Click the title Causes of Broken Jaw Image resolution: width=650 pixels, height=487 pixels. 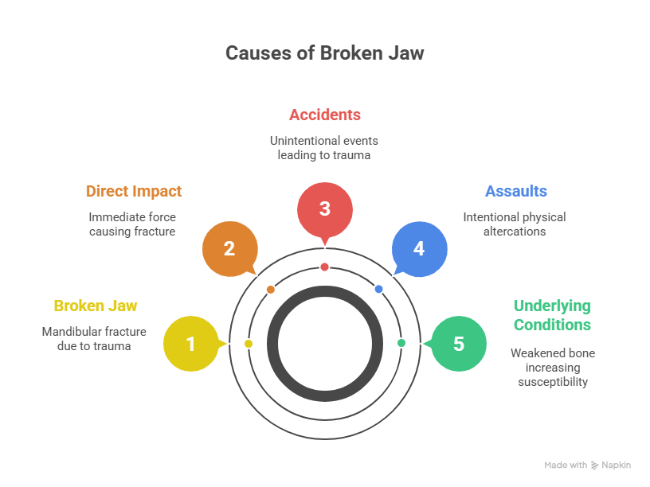pyautogui.click(x=324, y=53)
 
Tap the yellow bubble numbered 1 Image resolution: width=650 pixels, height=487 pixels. pyautogui.click(x=190, y=344)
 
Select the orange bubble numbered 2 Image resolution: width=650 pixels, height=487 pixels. pyautogui.click(x=229, y=248)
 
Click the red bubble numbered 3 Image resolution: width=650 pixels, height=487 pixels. pyautogui.click(x=324, y=209)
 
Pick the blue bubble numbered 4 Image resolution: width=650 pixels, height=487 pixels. pyautogui.click(x=419, y=248)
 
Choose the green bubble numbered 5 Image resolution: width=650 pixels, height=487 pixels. pyautogui.click(x=459, y=344)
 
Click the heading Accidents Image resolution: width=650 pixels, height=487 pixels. pyautogui.click(x=324, y=115)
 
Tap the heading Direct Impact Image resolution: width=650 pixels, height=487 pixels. pyautogui.click(x=134, y=191)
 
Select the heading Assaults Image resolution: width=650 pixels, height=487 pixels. pyautogui.click(x=515, y=191)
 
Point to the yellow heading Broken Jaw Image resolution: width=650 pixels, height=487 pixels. pyautogui.click(x=96, y=306)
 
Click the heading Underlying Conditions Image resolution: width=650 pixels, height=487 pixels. pyautogui.click(x=552, y=315)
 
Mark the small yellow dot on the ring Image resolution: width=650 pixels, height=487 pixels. pyautogui.click(x=249, y=344)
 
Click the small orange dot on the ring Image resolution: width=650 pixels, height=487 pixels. pyautogui.click(x=271, y=290)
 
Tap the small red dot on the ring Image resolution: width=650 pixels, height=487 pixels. pyautogui.click(x=324, y=267)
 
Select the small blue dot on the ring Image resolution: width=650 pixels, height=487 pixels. pyautogui.click(x=378, y=289)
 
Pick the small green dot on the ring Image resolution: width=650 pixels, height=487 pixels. pyautogui.click(x=401, y=343)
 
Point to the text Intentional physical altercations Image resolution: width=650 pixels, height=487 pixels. pyautogui.click(x=515, y=224)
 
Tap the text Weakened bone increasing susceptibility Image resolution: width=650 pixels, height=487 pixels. pyautogui.click(x=552, y=367)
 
